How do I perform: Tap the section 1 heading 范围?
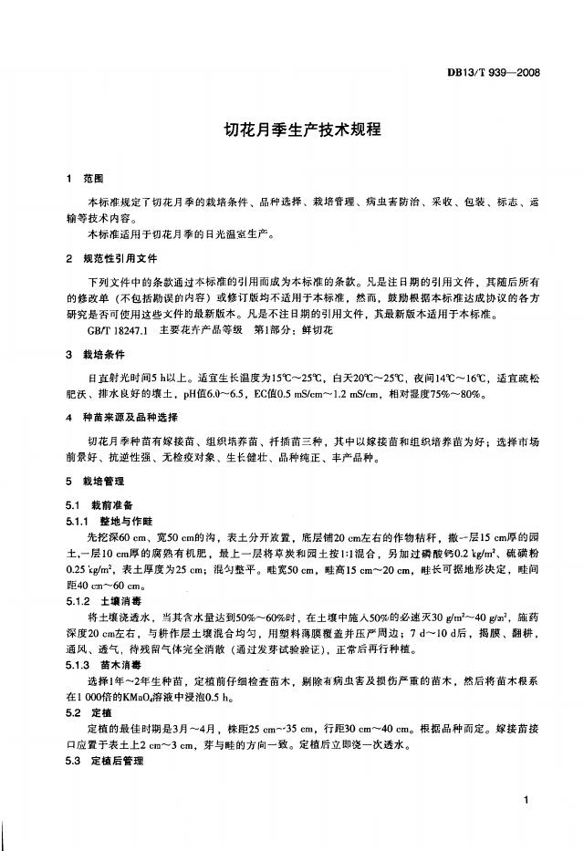93,177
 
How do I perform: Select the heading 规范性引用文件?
121,258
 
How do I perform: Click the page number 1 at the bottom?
528,800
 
